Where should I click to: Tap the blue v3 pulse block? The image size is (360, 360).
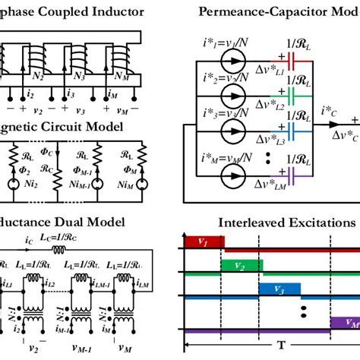point(278,289)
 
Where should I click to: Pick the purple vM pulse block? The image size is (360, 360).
point(345,322)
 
